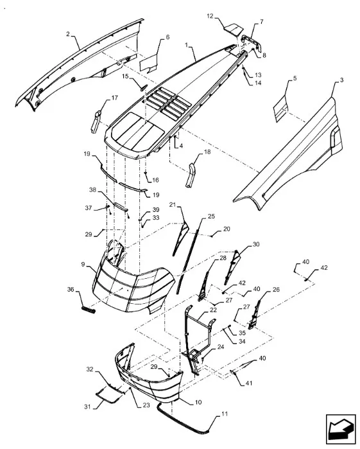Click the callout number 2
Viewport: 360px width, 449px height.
68,34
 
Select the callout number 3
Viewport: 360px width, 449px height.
341,80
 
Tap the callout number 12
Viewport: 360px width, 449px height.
210,16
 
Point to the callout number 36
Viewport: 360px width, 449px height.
71,290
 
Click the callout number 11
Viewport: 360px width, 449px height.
225,414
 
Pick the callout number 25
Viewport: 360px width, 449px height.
211,216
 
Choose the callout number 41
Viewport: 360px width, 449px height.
249,383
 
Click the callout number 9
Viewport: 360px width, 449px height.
83,264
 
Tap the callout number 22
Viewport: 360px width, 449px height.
213,310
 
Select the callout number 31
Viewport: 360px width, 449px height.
87,407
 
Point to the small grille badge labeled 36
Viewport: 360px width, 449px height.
89,310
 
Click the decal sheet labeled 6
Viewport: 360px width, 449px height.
148,64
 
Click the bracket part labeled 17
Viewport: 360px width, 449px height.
96,121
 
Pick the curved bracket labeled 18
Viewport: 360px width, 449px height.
191,175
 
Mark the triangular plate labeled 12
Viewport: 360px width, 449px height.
234,30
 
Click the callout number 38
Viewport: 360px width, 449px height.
92,190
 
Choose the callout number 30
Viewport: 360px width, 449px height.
256,244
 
